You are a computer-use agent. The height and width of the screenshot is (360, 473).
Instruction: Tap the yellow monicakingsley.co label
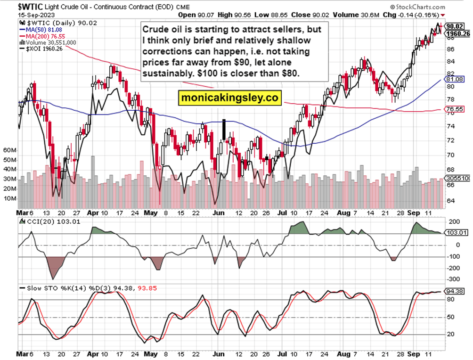(x=230, y=98)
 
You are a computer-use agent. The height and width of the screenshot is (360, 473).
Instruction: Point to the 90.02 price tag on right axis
(x=455, y=26)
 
